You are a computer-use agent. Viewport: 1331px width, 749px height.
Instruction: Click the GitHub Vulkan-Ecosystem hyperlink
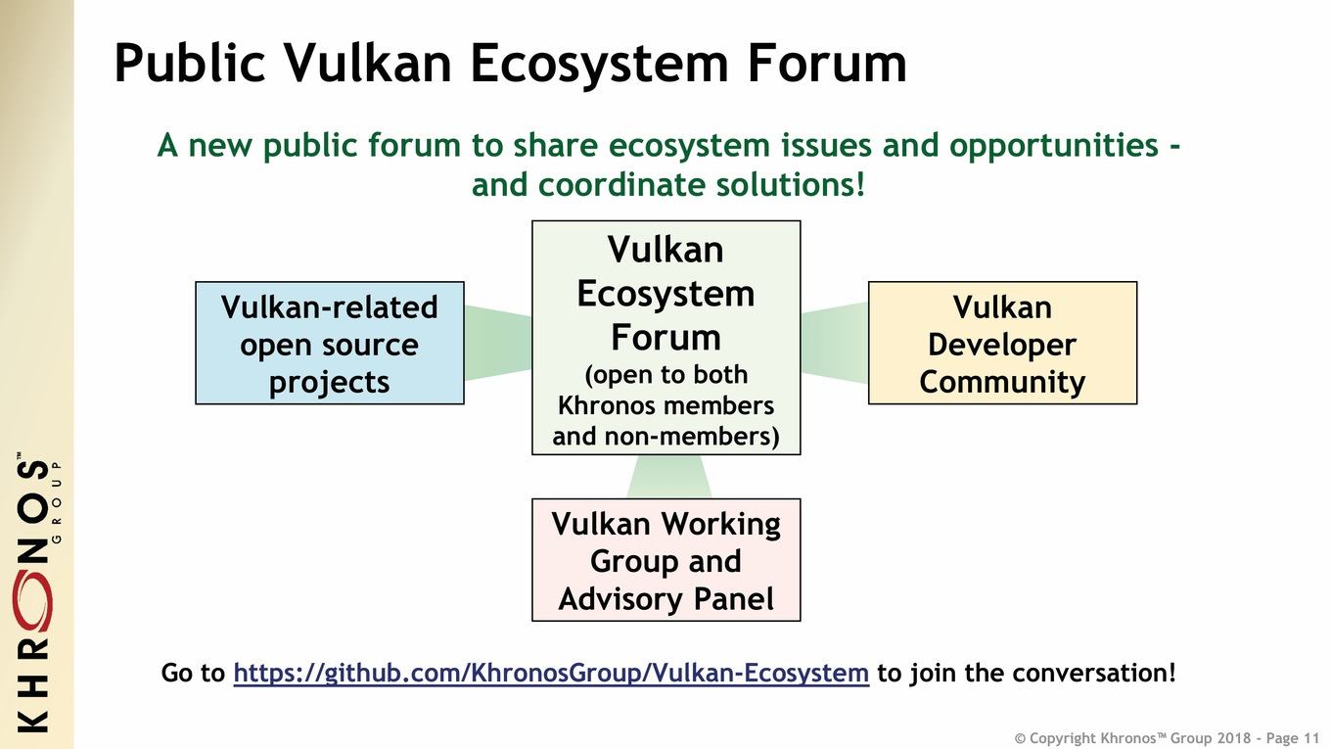[551, 674]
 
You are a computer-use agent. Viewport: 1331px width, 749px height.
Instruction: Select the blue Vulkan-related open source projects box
[330, 343]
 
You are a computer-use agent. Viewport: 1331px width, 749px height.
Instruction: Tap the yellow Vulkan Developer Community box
[1002, 343]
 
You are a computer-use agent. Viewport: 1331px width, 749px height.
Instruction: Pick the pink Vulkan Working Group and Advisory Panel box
[666, 560]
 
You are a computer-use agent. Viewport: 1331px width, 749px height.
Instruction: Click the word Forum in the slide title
[827, 63]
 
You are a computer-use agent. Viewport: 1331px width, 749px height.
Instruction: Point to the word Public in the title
[190, 63]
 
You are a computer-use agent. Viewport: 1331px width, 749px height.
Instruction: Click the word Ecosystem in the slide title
[599, 66]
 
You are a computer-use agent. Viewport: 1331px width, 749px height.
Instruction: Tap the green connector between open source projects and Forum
[498, 343]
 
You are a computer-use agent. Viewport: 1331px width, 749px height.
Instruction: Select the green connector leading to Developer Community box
[834, 343]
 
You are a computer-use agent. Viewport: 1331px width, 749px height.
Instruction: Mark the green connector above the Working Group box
[669, 477]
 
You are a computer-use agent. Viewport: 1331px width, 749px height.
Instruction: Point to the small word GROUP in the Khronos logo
[57, 501]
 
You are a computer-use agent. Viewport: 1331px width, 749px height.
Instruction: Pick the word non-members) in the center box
[692, 437]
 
